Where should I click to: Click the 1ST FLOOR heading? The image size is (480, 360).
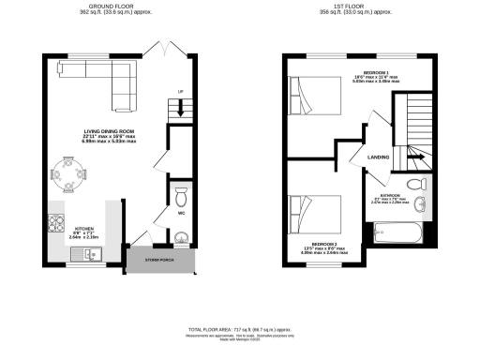pyautogui.click(x=359, y=5)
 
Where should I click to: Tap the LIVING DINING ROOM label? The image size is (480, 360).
pyautogui.click(x=103, y=130)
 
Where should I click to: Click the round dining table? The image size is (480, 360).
pyautogui.click(x=69, y=172)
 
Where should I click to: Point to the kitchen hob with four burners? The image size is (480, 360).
pyautogui.click(x=55, y=225)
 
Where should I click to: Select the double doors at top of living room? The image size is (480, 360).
pyautogui.click(x=167, y=47)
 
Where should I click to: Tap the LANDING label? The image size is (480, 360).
pyautogui.click(x=380, y=157)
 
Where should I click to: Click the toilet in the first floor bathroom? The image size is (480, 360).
pyautogui.click(x=419, y=183)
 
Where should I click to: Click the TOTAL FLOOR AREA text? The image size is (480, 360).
pyautogui.click(x=239, y=331)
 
